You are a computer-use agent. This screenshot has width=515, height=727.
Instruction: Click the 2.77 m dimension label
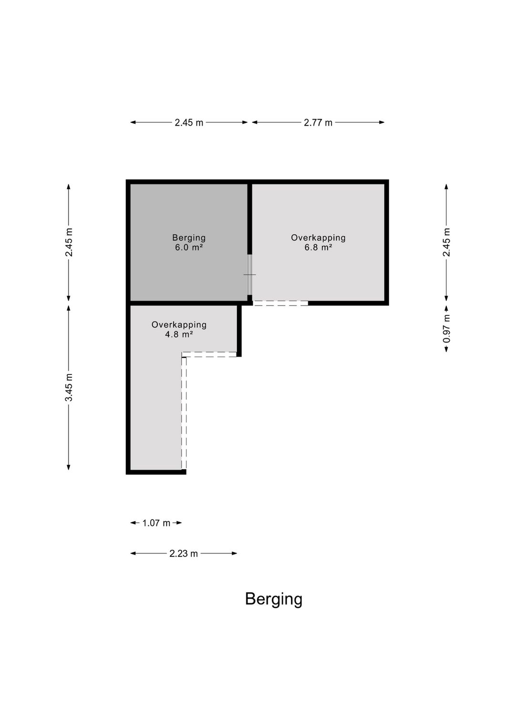point(318,122)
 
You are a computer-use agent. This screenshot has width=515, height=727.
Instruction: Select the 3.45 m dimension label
point(69,387)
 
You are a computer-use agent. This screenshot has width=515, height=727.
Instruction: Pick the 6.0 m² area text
point(189,247)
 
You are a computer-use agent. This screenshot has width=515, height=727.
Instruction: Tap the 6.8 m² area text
point(318,247)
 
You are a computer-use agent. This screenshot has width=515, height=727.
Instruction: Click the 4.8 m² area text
point(179,334)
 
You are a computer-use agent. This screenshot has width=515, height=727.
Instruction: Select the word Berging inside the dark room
point(189,238)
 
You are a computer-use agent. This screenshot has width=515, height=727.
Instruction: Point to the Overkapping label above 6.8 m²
point(318,238)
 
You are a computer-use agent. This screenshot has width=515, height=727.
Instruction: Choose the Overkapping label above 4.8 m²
point(179,324)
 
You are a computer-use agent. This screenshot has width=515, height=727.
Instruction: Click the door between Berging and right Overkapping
point(249,274)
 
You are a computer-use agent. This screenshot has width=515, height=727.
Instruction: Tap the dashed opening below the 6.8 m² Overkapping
point(280,303)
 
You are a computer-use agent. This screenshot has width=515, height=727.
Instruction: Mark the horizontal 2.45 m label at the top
point(189,122)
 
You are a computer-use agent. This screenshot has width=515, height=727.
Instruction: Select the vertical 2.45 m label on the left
point(69,242)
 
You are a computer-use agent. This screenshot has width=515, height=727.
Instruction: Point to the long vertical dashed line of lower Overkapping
point(184,413)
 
